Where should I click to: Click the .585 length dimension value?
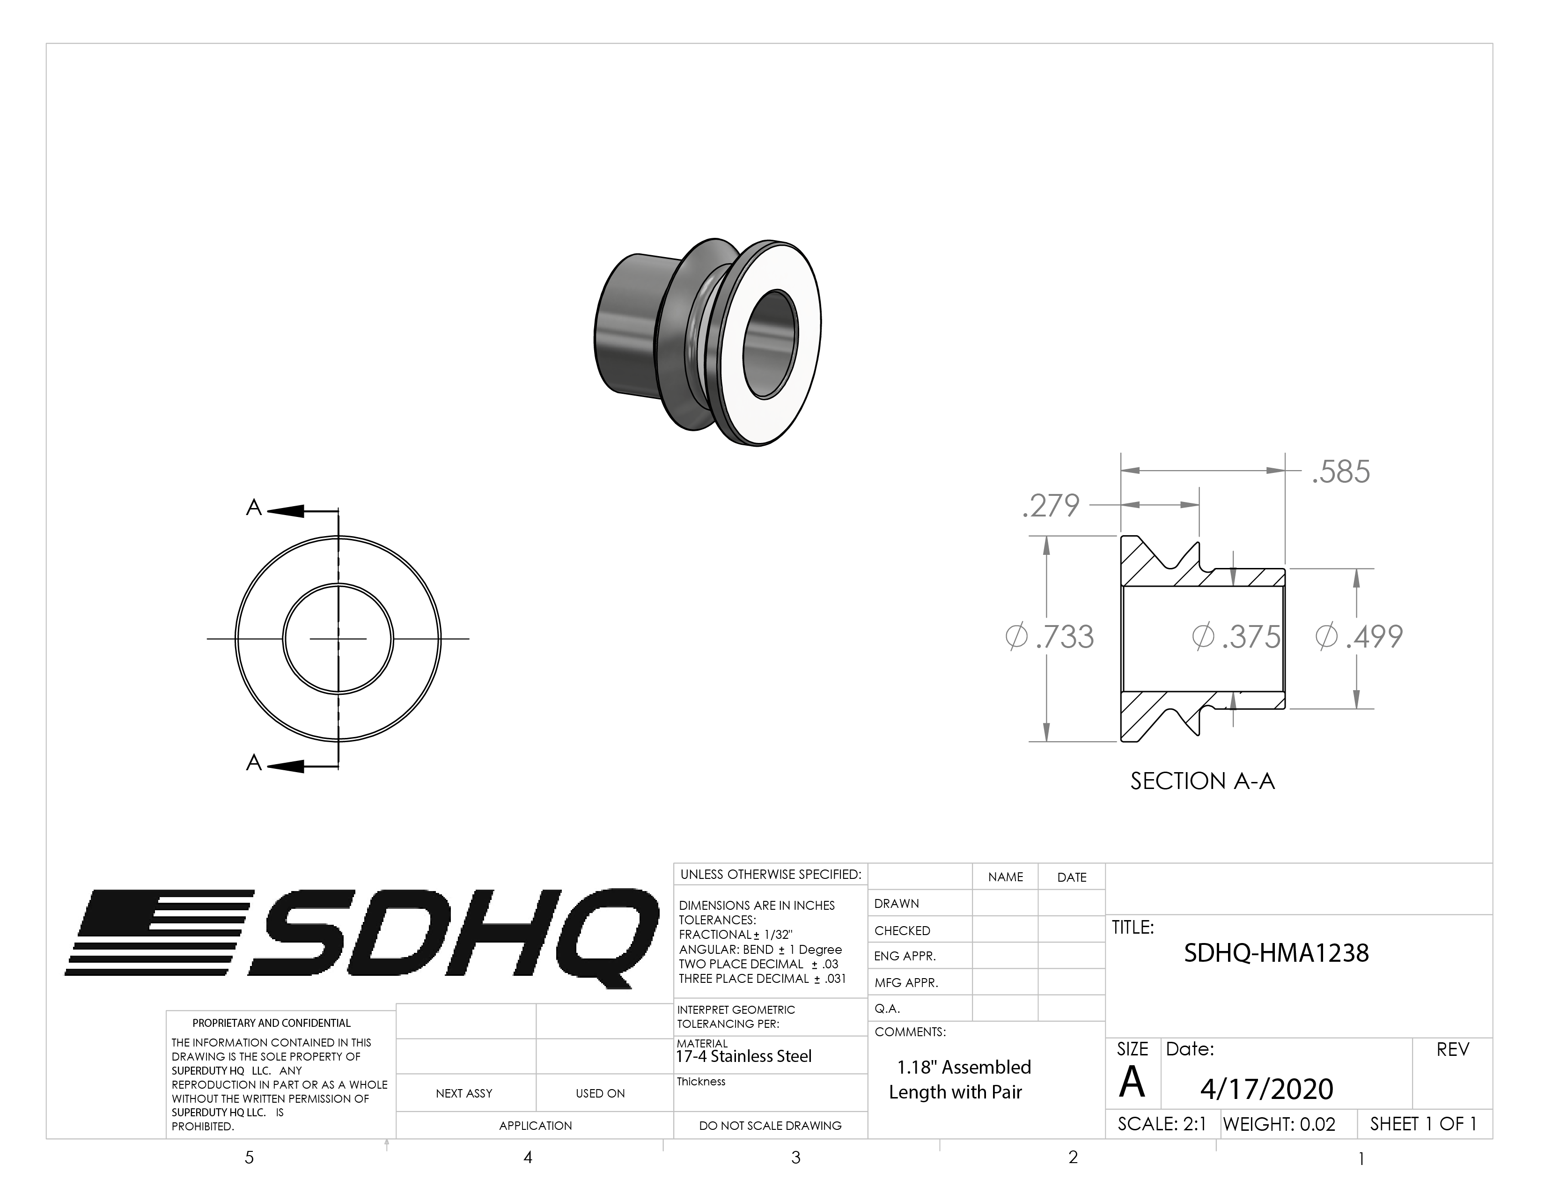(x=1340, y=472)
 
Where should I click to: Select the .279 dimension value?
(x=1051, y=506)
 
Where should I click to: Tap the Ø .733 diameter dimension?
(x=1050, y=637)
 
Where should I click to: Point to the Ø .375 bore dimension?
(x=1236, y=637)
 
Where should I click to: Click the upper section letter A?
(x=253, y=508)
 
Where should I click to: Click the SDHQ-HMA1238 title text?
(x=1276, y=953)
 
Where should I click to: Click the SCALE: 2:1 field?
(x=1162, y=1124)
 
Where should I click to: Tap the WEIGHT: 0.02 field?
(x=1279, y=1124)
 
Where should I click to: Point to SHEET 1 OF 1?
(x=1423, y=1124)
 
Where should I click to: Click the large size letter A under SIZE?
(x=1132, y=1082)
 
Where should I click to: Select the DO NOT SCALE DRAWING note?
(x=770, y=1125)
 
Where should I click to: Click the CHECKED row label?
(x=902, y=931)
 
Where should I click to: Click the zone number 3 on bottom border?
(x=796, y=1157)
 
